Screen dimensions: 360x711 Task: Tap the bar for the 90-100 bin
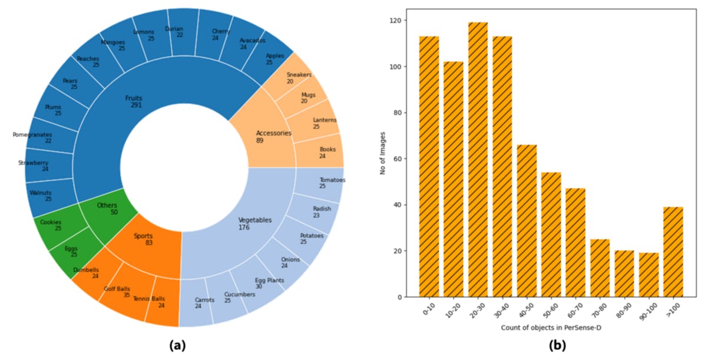649,275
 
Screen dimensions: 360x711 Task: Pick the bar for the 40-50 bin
527,220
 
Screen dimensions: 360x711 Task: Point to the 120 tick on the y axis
399,21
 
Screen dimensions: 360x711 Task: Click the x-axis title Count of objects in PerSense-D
551,328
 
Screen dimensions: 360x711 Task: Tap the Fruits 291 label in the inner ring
134,102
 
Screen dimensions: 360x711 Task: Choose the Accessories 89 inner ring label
273,137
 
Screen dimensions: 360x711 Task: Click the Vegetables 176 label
255,223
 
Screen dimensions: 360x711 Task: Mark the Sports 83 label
143,239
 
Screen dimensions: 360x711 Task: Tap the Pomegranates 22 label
32,138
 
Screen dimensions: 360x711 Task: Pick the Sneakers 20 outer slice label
299,78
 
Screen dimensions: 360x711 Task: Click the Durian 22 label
174,32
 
